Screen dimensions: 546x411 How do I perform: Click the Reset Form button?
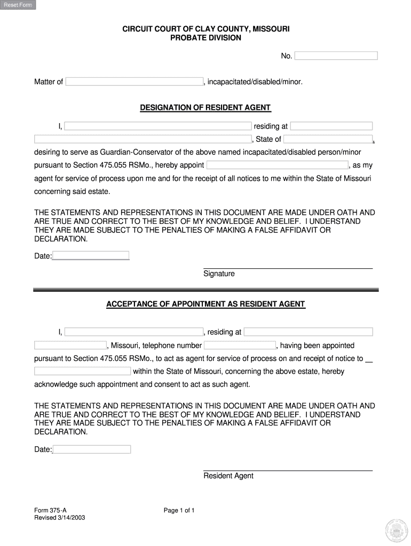(x=18, y=5)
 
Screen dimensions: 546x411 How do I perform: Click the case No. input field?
(x=336, y=56)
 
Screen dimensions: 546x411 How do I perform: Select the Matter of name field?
(x=134, y=82)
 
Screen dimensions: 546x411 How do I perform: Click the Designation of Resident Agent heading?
(x=205, y=108)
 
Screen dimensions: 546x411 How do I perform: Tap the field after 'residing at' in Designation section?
(x=331, y=126)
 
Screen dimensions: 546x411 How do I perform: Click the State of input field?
(x=327, y=140)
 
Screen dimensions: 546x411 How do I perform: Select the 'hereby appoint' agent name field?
(x=277, y=165)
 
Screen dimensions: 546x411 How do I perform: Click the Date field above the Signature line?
(x=91, y=256)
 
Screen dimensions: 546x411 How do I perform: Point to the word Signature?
(x=219, y=274)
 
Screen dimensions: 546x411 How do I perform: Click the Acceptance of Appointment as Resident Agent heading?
(x=205, y=304)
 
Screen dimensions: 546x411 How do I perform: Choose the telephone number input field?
(x=240, y=346)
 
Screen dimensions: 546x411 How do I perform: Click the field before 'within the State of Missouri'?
(x=82, y=371)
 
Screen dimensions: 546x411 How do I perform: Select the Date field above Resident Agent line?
(x=92, y=449)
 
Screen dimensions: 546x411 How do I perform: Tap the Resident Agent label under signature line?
(x=228, y=476)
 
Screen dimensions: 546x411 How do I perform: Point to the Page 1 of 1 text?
(x=179, y=511)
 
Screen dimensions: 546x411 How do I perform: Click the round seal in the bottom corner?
(x=396, y=530)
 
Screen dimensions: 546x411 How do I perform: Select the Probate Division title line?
(x=205, y=38)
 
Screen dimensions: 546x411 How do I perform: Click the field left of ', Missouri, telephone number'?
(x=70, y=346)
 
